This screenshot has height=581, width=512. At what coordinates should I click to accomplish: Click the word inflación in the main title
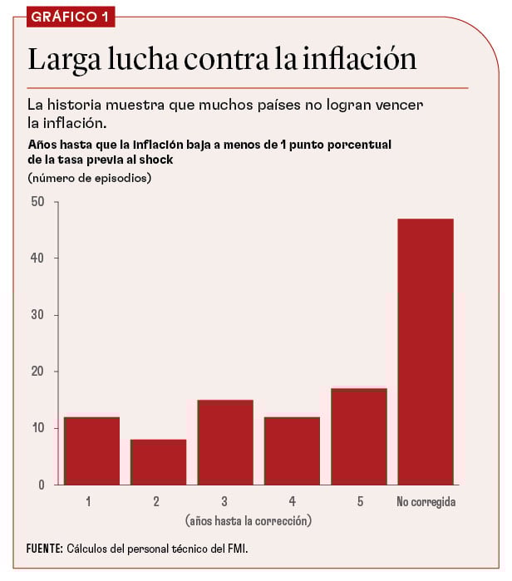click(358, 60)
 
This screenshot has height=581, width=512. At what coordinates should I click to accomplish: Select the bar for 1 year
click(91, 451)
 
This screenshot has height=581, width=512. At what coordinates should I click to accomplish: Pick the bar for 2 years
click(158, 462)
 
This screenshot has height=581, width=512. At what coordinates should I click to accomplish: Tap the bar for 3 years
click(224, 442)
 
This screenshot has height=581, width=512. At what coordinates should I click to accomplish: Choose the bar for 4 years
click(292, 451)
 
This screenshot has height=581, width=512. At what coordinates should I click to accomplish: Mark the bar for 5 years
click(359, 436)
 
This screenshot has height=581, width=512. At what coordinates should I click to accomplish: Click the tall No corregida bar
click(426, 352)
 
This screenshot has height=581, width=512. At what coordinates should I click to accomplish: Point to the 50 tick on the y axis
click(37, 201)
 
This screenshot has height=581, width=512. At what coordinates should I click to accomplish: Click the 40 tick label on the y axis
click(37, 258)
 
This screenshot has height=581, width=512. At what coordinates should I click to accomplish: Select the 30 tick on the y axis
click(37, 315)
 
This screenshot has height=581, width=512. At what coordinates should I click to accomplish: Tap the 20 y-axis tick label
click(37, 372)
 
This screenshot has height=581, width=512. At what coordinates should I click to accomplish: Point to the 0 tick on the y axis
click(41, 485)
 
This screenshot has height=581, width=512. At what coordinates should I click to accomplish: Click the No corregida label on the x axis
click(426, 502)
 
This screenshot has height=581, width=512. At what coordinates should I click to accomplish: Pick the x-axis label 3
click(224, 502)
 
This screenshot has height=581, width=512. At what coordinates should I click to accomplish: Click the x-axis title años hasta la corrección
click(248, 520)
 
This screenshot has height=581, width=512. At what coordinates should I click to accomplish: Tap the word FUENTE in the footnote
click(44, 549)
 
